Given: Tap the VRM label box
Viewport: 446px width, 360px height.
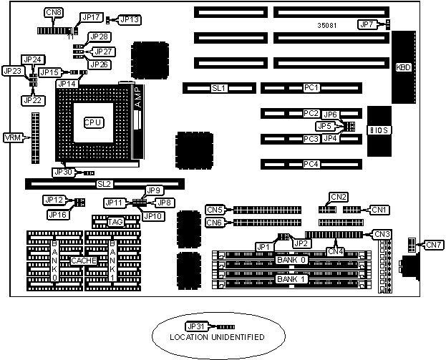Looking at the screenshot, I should (x=12, y=137).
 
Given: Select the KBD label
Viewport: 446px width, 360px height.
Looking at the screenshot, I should (x=404, y=68).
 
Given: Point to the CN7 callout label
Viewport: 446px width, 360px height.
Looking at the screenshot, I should (x=434, y=245).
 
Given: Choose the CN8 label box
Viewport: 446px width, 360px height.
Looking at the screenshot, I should (x=53, y=13).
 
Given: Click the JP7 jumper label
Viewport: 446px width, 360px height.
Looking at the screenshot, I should (x=367, y=24).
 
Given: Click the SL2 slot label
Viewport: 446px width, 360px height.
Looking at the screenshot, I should (x=105, y=184).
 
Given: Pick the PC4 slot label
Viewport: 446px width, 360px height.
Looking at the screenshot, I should (x=311, y=164).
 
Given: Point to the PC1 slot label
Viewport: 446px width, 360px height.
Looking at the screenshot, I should (x=311, y=88).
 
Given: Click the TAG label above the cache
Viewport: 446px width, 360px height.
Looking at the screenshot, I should (x=115, y=223).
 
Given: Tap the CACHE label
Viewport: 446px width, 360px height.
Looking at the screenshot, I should (x=84, y=261).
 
